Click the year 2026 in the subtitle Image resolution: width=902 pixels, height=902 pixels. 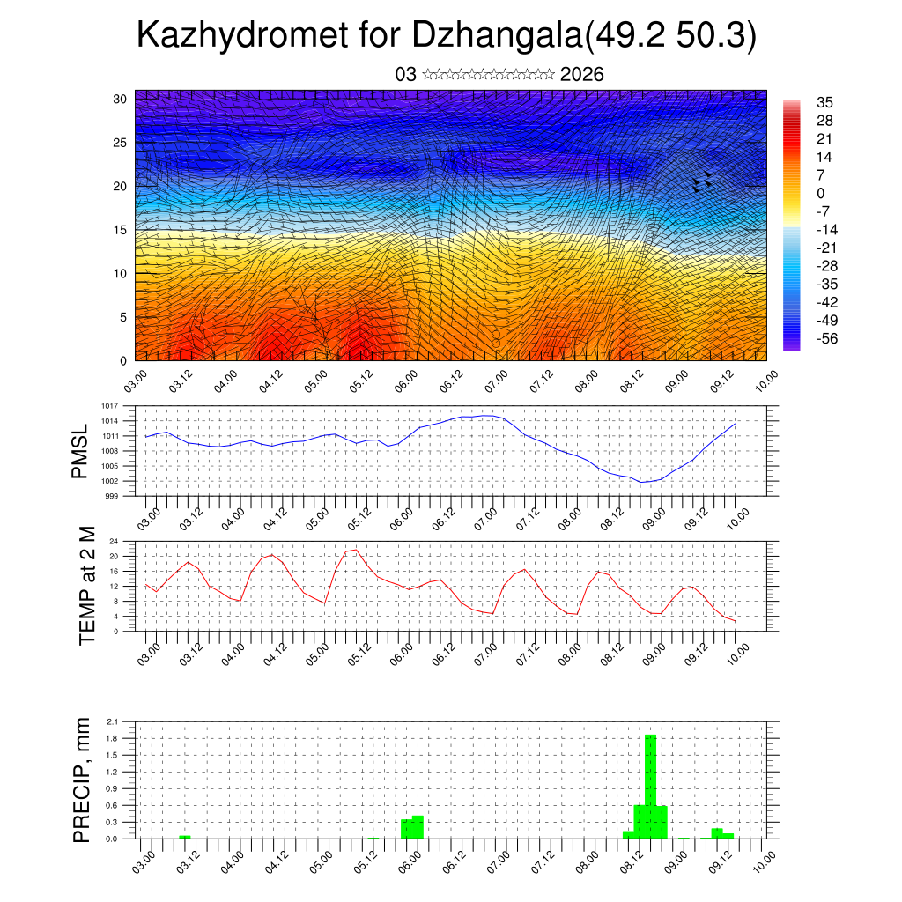582,75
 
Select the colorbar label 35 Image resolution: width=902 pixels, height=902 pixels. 825,102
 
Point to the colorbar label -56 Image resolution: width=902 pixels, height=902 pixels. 827,338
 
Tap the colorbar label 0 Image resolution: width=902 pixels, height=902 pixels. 821,193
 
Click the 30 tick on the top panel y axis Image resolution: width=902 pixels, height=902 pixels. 121,99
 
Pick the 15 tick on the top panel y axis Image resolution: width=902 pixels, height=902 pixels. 121,230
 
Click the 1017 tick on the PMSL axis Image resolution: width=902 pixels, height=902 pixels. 110,406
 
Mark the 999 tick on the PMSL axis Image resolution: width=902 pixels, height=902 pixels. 112,496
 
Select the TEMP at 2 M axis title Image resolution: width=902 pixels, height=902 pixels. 86,586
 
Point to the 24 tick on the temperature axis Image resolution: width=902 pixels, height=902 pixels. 114,541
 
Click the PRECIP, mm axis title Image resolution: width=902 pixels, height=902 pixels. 81,779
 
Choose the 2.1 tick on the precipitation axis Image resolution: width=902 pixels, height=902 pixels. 114,721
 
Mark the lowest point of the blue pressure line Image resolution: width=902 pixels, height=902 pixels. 644,482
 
